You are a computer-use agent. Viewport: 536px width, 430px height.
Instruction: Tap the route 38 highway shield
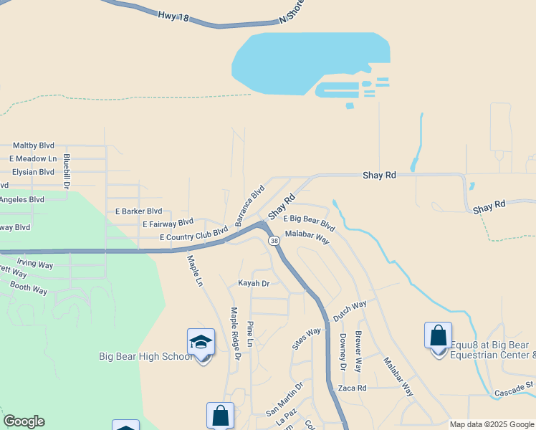click(274, 242)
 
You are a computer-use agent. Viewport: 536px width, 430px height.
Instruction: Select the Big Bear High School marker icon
click(201, 343)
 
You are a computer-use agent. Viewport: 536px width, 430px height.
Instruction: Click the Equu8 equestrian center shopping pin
click(438, 336)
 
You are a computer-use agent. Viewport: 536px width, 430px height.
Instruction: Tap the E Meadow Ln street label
click(33, 158)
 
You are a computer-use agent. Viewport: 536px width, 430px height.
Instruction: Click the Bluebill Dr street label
click(66, 171)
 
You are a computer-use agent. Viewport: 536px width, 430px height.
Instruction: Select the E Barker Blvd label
click(138, 211)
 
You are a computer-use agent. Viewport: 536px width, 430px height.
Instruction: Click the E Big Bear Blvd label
click(309, 222)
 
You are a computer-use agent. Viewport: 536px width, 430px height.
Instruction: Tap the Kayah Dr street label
click(254, 284)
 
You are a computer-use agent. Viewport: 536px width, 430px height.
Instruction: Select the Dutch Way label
click(350, 310)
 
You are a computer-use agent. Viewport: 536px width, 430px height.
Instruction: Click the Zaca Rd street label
click(352, 388)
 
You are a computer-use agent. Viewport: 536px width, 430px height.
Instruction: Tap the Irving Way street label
click(34, 264)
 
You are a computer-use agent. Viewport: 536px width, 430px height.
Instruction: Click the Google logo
click(24, 421)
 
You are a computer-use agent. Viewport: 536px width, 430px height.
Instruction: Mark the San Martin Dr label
click(284, 398)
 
